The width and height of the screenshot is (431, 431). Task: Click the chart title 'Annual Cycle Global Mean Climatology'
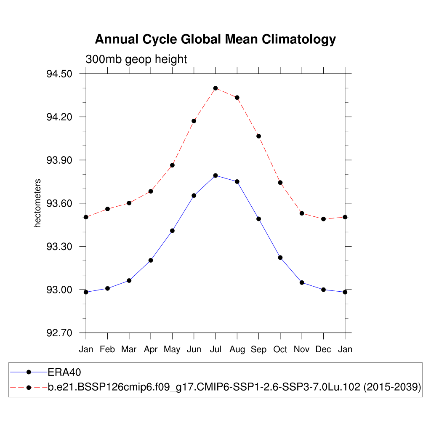click(215, 39)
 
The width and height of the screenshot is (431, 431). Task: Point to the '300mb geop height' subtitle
click(136, 59)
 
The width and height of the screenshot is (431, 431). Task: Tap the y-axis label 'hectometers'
click(38, 203)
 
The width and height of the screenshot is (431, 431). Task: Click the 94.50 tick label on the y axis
click(59, 74)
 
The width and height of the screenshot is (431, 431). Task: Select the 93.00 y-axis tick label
click(59, 290)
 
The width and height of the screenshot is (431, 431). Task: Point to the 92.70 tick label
click(59, 333)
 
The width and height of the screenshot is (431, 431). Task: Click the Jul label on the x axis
click(215, 349)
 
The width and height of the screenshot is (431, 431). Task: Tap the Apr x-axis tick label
click(151, 349)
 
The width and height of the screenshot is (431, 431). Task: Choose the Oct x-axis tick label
click(280, 349)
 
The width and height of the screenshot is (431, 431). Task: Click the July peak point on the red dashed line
click(215, 88)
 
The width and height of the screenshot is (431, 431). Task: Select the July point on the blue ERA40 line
click(215, 176)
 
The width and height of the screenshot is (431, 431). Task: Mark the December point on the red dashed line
click(323, 219)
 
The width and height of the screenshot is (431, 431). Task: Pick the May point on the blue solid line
click(172, 231)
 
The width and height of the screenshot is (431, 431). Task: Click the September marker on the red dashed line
click(258, 136)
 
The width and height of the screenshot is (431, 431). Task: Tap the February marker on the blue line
click(108, 288)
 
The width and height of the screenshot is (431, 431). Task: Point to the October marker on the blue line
click(280, 258)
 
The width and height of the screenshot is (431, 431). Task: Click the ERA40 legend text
click(64, 372)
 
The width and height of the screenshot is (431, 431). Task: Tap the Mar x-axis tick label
click(129, 349)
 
